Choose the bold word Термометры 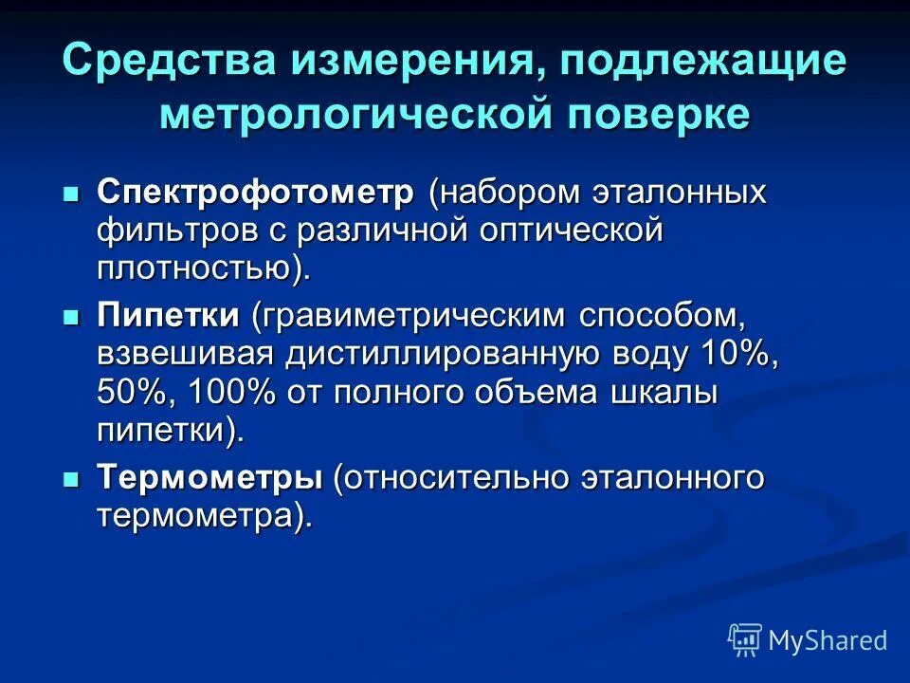click(x=209, y=478)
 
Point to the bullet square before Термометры click(x=69, y=480)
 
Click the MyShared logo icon click(x=744, y=640)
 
